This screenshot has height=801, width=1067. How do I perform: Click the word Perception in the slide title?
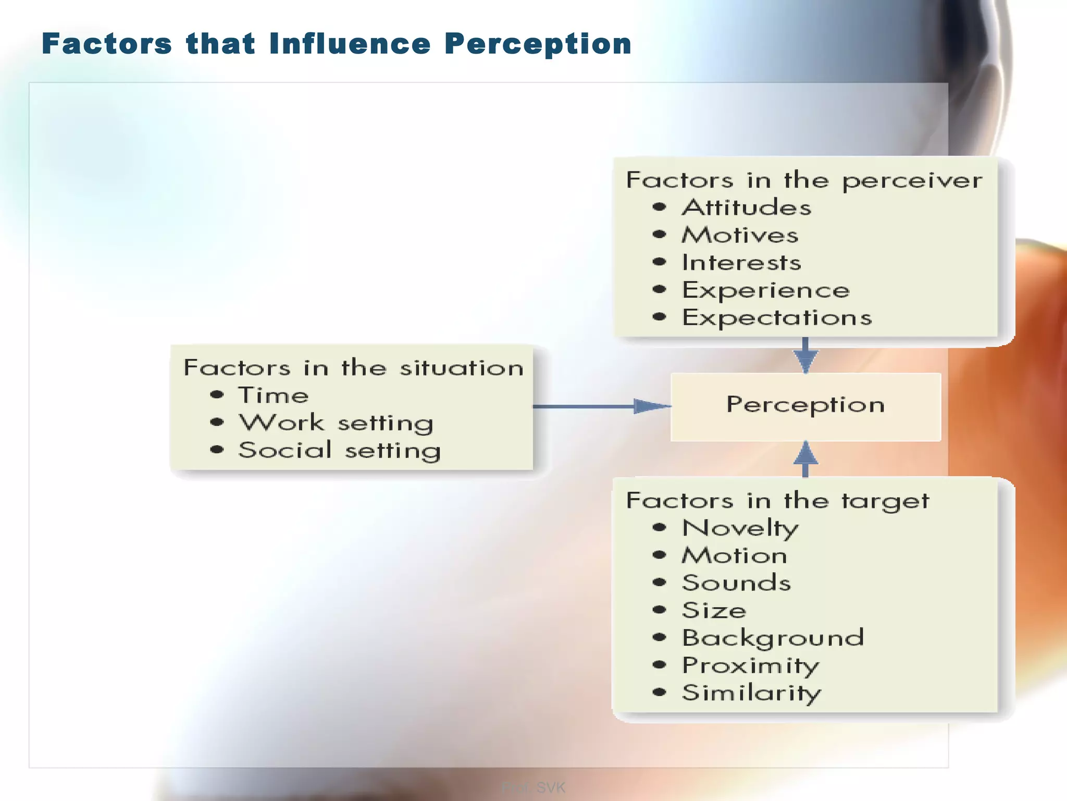tap(538, 44)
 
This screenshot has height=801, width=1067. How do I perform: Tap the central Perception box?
tap(805, 406)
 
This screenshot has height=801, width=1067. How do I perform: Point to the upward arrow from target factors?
tap(805, 458)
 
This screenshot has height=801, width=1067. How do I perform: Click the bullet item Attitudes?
tap(747, 208)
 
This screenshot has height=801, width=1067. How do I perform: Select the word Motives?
tap(740, 235)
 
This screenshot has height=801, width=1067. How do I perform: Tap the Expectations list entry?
tap(777, 318)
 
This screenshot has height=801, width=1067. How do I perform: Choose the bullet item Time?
tap(274, 395)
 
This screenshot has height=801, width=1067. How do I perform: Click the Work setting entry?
tap(336, 423)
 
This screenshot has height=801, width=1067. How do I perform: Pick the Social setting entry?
tap(340, 451)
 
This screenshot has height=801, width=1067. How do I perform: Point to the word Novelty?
tap(740, 528)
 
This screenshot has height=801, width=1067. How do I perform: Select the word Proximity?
tap(751, 665)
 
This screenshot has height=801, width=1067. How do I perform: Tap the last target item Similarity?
tap(751, 693)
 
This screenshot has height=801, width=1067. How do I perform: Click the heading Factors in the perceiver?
tap(804, 180)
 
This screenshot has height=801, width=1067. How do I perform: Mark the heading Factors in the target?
tap(777, 501)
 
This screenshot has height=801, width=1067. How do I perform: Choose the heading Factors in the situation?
tap(354, 368)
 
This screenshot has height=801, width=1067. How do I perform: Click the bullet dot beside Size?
tap(660, 610)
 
